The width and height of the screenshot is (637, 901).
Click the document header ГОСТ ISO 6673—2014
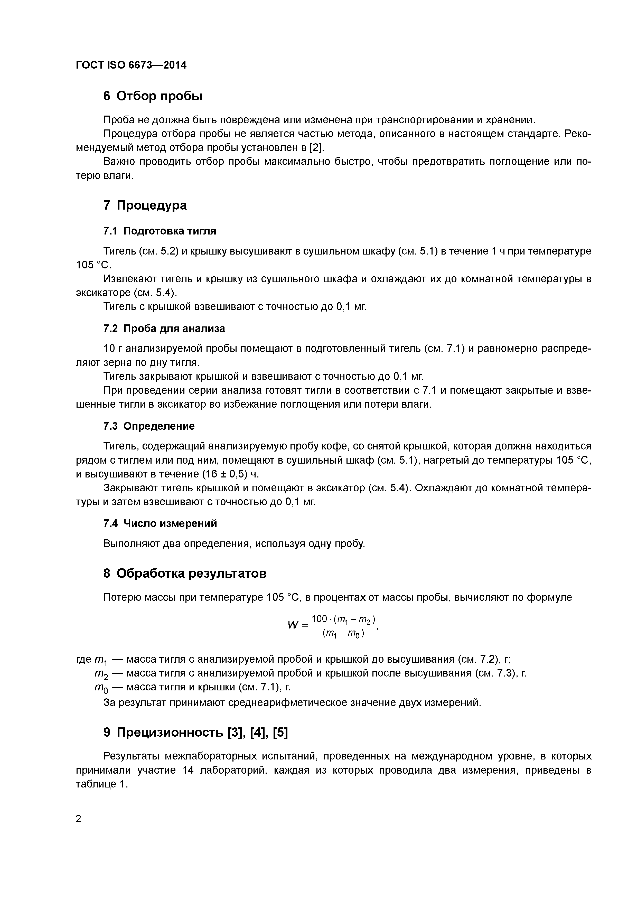click(131, 65)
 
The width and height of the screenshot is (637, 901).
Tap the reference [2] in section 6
click(316, 148)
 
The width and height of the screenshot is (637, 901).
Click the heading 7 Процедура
click(145, 205)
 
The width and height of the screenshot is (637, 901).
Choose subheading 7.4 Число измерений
click(160, 523)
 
